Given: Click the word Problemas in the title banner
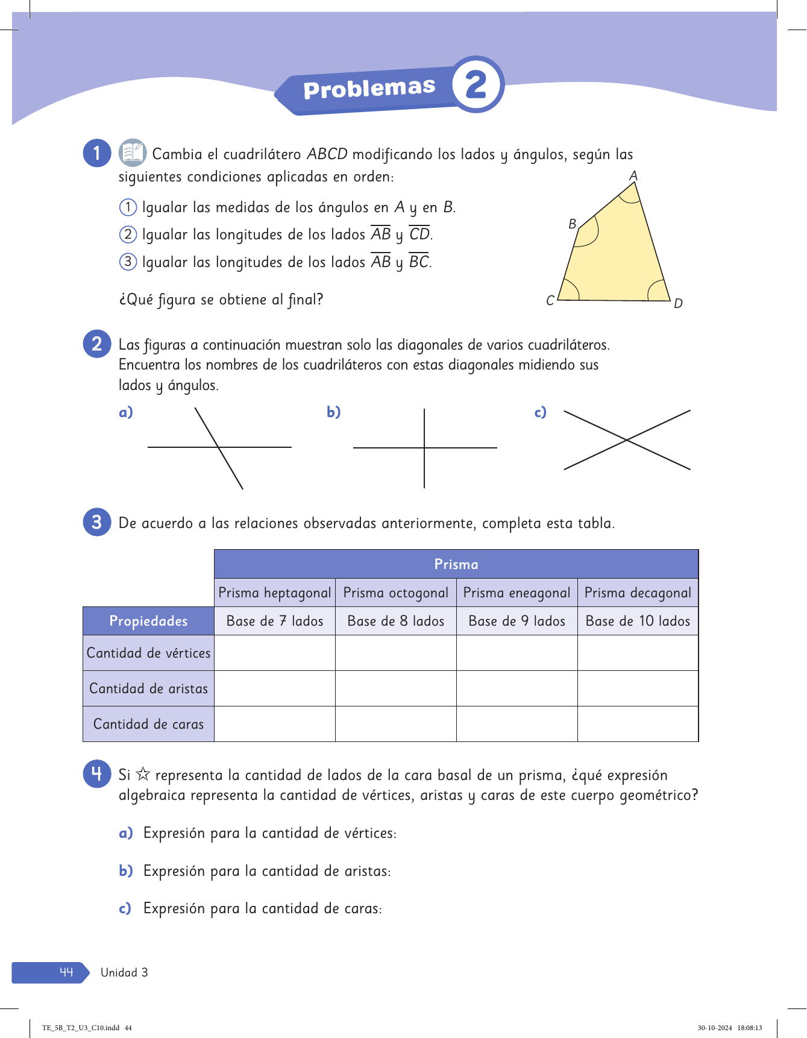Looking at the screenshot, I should [x=369, y=89].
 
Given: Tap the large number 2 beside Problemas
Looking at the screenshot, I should [x=476, y=84].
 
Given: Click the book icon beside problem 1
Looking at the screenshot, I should [x=132, y=153].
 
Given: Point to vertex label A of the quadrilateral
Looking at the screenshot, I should [x=633, y=175].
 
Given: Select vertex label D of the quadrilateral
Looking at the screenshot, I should [x=678, y=303].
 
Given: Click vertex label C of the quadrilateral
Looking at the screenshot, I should [x=550, y=300].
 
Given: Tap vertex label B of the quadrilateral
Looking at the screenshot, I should [x=572, y=224].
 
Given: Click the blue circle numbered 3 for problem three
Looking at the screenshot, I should [x=96, y=522].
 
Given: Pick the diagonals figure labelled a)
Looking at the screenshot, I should [x=219, y=447].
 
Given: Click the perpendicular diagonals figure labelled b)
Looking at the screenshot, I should [x=425, y=448].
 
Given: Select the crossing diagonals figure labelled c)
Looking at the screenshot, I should [x=627, y=440].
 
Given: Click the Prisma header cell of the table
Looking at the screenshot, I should [x=456, y=564].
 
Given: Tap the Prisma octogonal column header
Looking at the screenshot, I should [x=395, y=593].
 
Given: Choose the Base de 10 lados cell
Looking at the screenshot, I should [x=638, y=621].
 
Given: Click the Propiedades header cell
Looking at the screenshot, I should [x=148, y=621].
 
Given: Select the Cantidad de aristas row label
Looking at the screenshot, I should [x=148, y=688].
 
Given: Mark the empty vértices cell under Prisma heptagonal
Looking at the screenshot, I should [x=275, y=653].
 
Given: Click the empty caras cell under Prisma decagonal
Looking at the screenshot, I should [x=638, y=724].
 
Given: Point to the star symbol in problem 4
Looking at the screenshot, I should [x=143, y=774].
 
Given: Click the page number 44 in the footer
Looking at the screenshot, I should [x=66, y=972].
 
